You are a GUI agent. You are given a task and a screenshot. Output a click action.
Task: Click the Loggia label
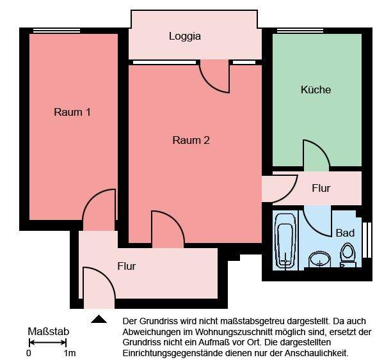pos(184,36)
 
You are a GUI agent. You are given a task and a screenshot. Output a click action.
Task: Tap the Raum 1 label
pos(72,112)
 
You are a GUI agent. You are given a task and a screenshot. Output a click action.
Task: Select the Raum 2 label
pos(191,140)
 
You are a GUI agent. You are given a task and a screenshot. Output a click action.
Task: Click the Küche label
pos(316,90)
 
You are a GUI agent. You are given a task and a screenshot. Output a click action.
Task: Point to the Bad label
pos(345,233)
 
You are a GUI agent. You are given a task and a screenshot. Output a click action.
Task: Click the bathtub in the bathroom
pos(284,242)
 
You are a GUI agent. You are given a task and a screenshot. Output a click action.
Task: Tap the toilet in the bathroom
pos(348,254)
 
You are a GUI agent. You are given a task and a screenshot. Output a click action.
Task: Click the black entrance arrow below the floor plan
pos(99,318)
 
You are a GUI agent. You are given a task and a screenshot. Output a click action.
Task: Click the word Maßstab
pos(48,332)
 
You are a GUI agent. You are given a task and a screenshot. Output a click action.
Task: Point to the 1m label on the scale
pos(70,353)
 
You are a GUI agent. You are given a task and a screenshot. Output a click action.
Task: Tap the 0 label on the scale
pos(29,353)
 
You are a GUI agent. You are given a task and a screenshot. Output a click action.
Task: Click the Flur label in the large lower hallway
pos(126,266)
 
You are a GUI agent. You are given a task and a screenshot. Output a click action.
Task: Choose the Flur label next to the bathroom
pos(321,188)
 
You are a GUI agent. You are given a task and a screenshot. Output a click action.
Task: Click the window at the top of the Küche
pos(300,30)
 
